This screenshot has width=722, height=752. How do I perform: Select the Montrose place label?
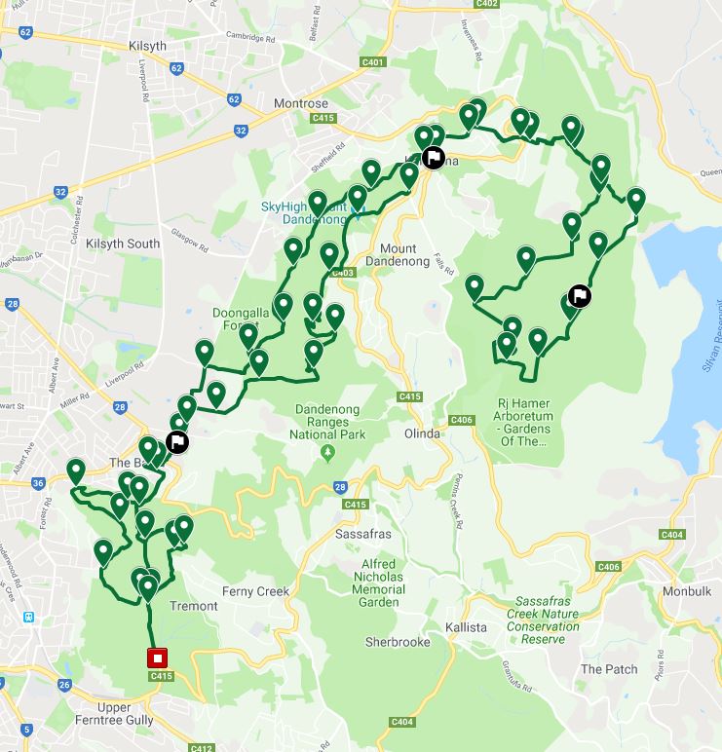301,103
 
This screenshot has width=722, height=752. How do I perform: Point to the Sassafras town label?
363,536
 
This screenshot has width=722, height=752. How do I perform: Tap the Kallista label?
466,627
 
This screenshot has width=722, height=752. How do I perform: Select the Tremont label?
194,606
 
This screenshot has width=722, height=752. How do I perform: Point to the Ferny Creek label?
256,591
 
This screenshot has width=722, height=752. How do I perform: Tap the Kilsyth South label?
123,244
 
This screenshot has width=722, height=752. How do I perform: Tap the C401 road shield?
372,62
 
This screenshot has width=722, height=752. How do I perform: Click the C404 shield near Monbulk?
672,535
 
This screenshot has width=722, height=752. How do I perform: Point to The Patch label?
610,669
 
